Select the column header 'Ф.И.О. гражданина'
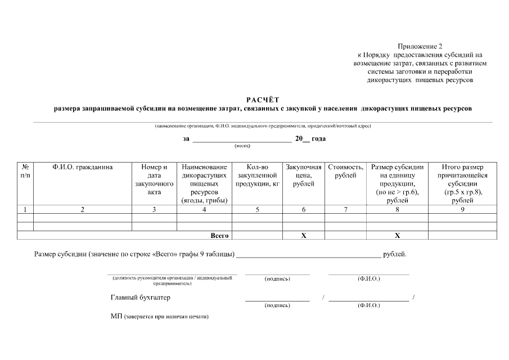83,167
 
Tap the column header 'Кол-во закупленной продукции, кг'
257,175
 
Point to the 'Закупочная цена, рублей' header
303,175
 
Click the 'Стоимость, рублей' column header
345,171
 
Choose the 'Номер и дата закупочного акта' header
154,179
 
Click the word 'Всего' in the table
219,236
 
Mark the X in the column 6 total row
303,236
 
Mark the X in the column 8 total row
397,236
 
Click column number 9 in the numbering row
462,210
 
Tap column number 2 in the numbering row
83,210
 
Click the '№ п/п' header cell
25,171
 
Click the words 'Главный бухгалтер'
140,297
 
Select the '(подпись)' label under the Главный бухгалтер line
277,305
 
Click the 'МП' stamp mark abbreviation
116,317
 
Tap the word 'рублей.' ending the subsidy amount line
394,254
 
